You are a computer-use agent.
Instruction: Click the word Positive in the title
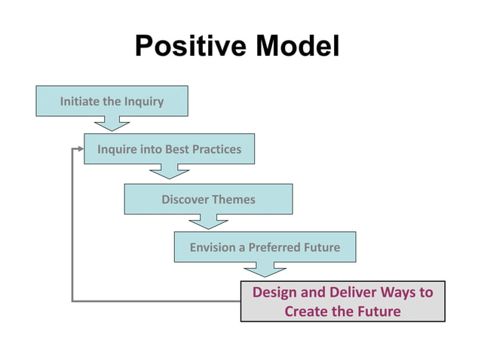coord(191,46)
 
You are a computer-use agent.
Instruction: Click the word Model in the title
coord(296,46)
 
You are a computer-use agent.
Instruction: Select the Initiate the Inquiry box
coord(112,101)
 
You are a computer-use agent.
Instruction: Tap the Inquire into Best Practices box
coord(169,149)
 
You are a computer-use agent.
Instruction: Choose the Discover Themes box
coord(208,200)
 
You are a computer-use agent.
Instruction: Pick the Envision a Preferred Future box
coord(264,247)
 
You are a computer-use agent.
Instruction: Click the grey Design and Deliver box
coord(342,301)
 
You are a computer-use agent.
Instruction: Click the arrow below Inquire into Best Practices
coord(169,171)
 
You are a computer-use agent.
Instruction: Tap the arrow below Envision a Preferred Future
coord(265,269)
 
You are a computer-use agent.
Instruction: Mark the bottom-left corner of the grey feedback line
coord(72,301)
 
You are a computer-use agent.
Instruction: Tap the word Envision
coord(212,247)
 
